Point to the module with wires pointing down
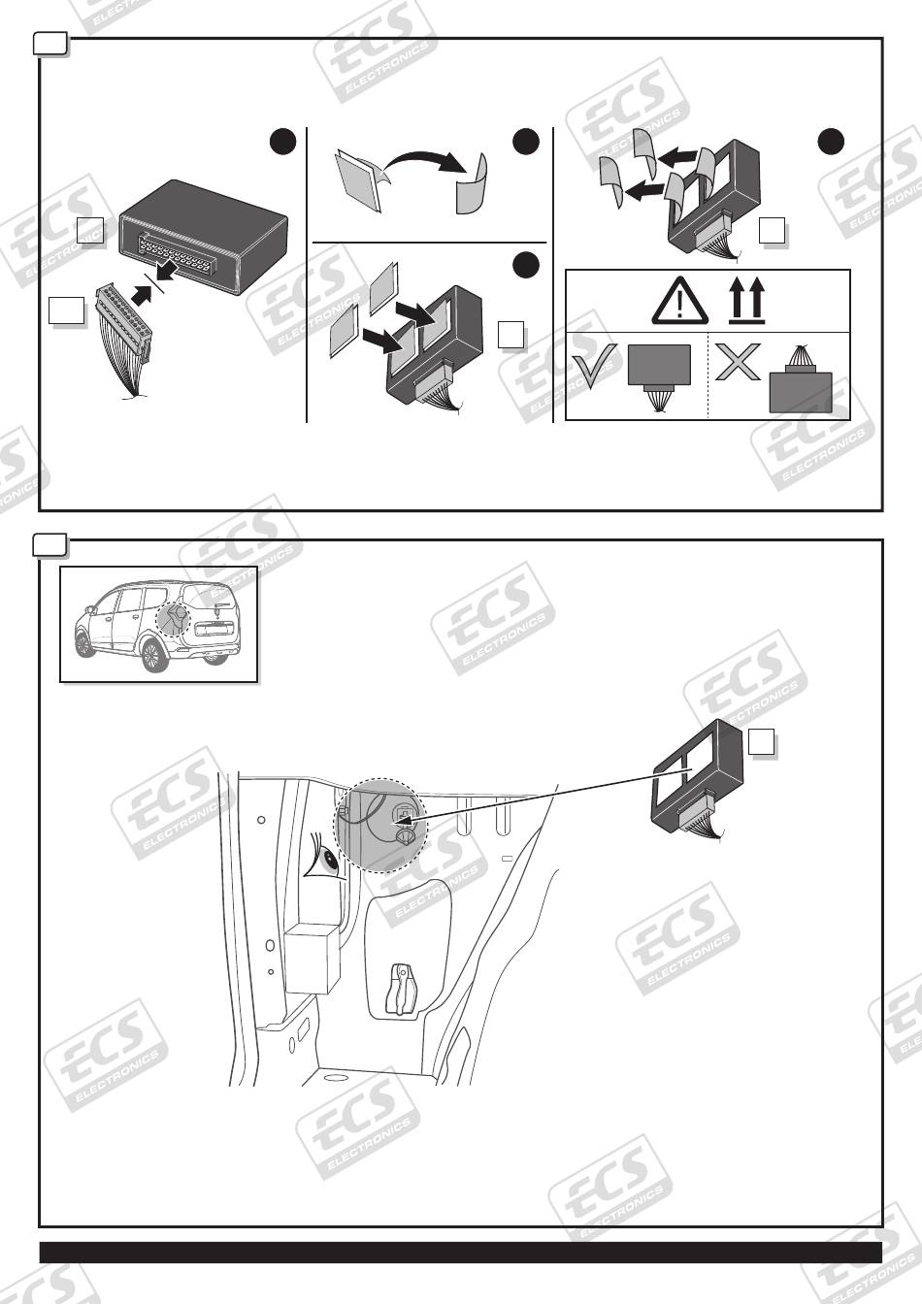pyautogui.click(x=659, y=373)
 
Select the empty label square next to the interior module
pyautogui.click(x=762, y=742)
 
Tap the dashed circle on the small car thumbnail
pyautogui.click(x=176, y=619)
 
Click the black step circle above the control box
pyautogui.click(x=282, y=142)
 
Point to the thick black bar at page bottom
pyautogui.click(x=460, y=1252)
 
